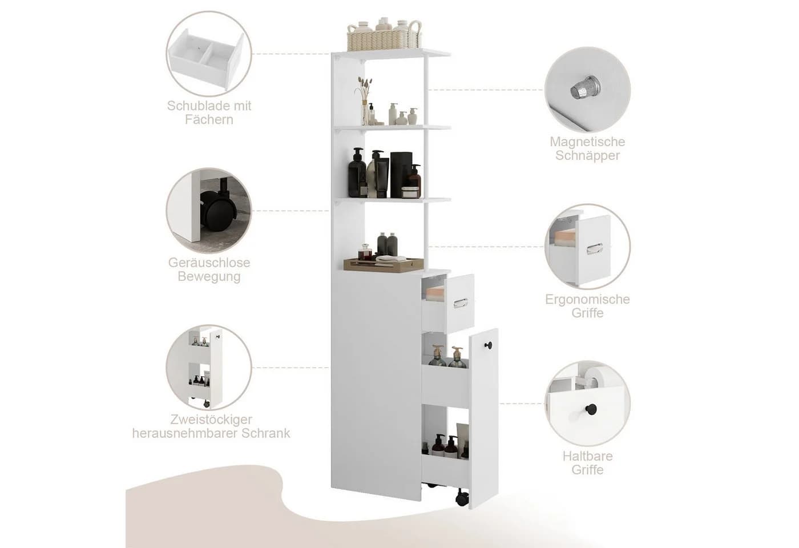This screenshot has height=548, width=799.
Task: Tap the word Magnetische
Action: [x=587, y=142]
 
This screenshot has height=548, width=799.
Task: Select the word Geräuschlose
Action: [x=209, y=263]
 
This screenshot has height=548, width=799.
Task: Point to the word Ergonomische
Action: [x=587, y=299]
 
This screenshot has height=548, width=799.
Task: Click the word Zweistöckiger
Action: [x=211, y=419]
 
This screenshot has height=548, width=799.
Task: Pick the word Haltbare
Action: [x=587, y=456]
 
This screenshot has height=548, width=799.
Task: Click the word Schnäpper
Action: [x=587, y=155]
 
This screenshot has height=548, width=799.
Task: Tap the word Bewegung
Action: [x=209, y=276]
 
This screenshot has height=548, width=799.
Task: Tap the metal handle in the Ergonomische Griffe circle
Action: [x=594, y=248]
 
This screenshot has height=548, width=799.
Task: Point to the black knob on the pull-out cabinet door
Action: [x=488, y=345]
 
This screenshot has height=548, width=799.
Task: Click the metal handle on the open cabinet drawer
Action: [x=460, y=303]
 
